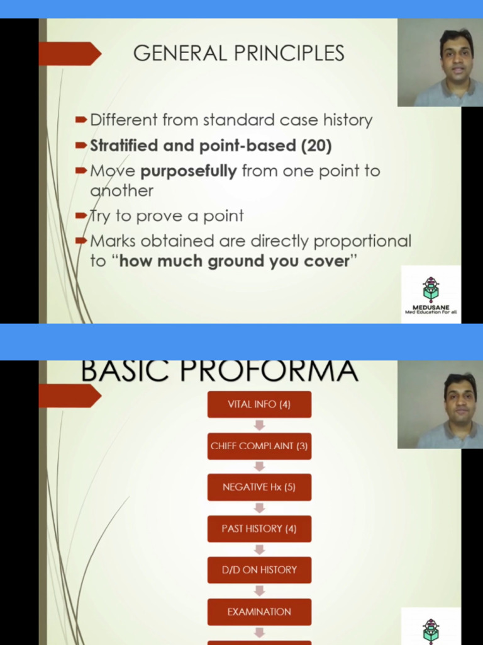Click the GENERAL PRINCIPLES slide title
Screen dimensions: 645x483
[x=238, y=53]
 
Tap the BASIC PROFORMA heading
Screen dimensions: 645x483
[x=219, y=370]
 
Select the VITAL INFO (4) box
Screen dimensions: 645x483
[x=259, y=404]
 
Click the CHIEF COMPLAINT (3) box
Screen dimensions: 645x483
[x=259, y=446]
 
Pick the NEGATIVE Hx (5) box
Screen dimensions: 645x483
[x=259, y=487]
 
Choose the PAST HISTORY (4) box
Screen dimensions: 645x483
[x=259, y=528]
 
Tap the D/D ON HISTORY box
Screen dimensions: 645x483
[x=259, y=570]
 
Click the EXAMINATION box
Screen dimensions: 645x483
[x=259, y=612]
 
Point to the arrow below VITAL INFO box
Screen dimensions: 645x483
[x=259, y=425]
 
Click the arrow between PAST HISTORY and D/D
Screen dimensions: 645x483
[x=259, y=549]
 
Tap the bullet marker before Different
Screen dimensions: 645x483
[x=80, y=120]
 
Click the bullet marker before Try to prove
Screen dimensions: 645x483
[x=80, y=216]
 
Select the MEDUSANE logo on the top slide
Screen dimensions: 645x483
[x=431, y=294]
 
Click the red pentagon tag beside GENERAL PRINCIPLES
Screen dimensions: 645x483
[x=69, y=54]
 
